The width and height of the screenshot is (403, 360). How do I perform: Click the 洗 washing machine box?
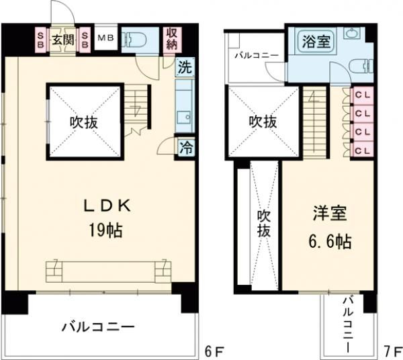[183, 66]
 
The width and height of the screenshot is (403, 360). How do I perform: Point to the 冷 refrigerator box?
[183, 147]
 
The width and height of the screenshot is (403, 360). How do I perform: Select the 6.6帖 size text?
[330, 240]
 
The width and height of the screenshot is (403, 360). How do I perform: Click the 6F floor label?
[210, 350]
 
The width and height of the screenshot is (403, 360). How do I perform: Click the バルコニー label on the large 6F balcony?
[98, 327]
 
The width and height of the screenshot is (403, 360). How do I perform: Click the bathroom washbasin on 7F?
[350, 34]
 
